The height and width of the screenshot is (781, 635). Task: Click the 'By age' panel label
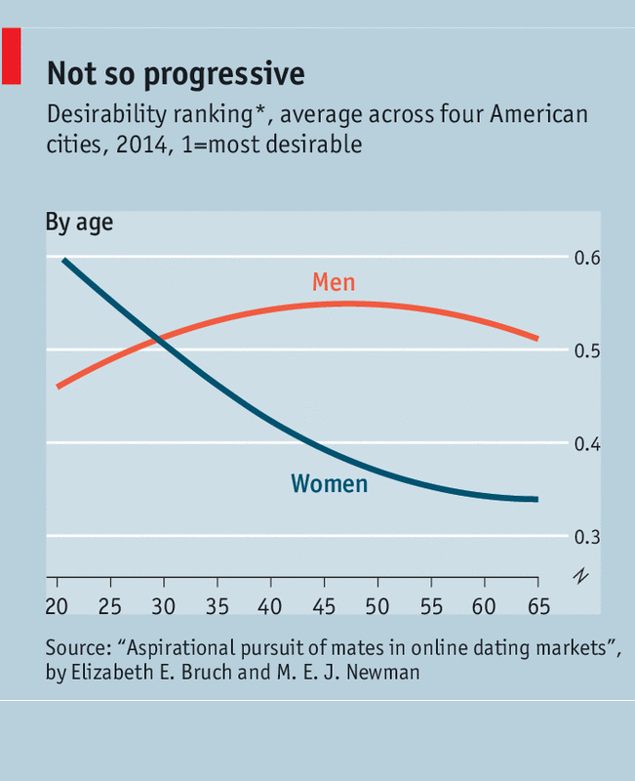(x=79, y=223)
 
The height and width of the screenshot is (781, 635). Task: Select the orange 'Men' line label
(x=334, y=283)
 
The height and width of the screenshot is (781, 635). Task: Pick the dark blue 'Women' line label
(x=329, y=483)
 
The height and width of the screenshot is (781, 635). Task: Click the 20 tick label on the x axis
(x=57, y=606)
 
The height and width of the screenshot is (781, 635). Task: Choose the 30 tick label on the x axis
(x=164, y=606)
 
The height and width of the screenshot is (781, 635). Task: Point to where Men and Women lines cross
(x=158, y=339)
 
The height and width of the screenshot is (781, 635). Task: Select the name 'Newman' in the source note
(x=383, y=674)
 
